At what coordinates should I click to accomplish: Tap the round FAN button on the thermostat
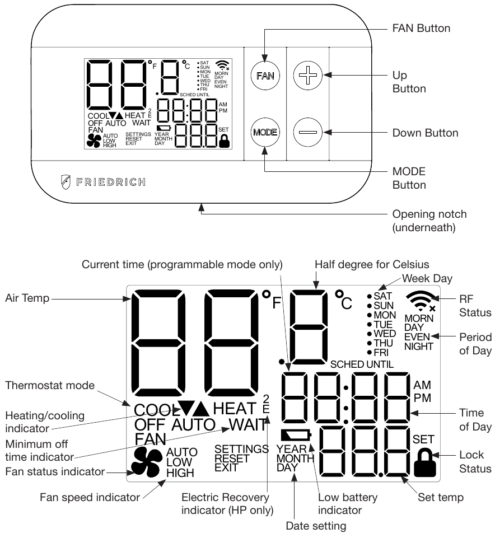click(x=265, y=75)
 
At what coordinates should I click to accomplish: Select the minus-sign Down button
click(x=312, y=133)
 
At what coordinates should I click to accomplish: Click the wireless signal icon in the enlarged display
click(x=422, y=300)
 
